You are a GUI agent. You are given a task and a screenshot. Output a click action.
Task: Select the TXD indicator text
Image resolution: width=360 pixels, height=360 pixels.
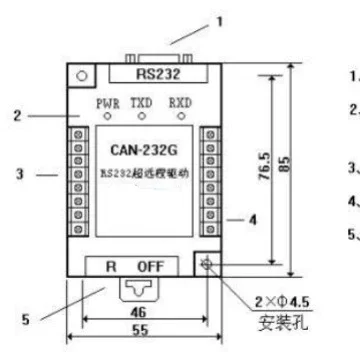coord(144,102)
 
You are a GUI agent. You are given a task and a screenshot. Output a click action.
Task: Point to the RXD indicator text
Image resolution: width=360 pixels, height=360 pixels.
coord(181,102)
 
